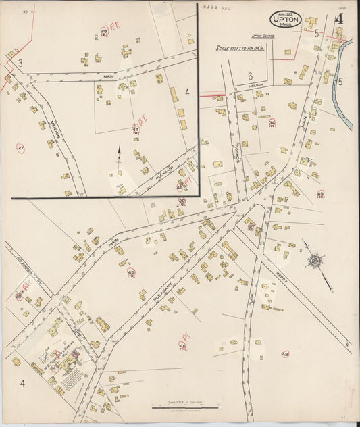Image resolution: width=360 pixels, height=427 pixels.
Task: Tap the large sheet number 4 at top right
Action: point(338,19)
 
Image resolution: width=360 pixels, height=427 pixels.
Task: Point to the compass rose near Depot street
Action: point(315,259)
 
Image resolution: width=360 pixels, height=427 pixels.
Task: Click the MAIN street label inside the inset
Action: point(108,77)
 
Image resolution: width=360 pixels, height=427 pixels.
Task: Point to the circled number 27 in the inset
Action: point(21,148)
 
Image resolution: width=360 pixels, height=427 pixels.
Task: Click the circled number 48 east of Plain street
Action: point(285,354)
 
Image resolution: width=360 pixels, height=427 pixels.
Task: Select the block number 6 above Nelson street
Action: point(250,76)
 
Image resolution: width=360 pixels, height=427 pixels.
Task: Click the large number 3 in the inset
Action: point(21,63)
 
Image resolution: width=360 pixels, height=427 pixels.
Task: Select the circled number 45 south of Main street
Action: point(131,272)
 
